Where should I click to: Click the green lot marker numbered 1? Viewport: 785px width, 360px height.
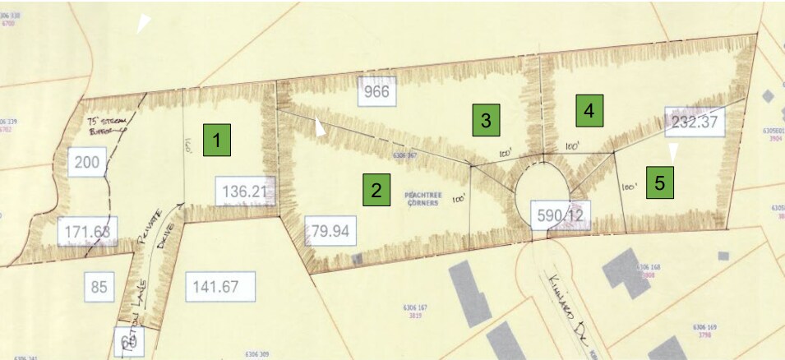click(217, 141)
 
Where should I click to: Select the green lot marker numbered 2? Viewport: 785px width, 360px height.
click(376, 191)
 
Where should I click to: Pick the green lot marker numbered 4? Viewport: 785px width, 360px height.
click(589, 109)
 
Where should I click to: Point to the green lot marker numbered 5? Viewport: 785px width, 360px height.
click(659, 182)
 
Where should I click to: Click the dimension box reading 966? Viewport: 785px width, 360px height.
click(376, 91)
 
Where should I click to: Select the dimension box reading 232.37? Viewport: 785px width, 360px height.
click(694, 122)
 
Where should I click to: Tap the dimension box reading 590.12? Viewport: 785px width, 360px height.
click(561, 215)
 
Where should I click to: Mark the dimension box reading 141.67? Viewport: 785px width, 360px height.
click(220, 287)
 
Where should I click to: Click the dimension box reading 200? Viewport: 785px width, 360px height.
click(86, 163)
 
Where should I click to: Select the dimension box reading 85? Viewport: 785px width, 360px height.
click(99, 287)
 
